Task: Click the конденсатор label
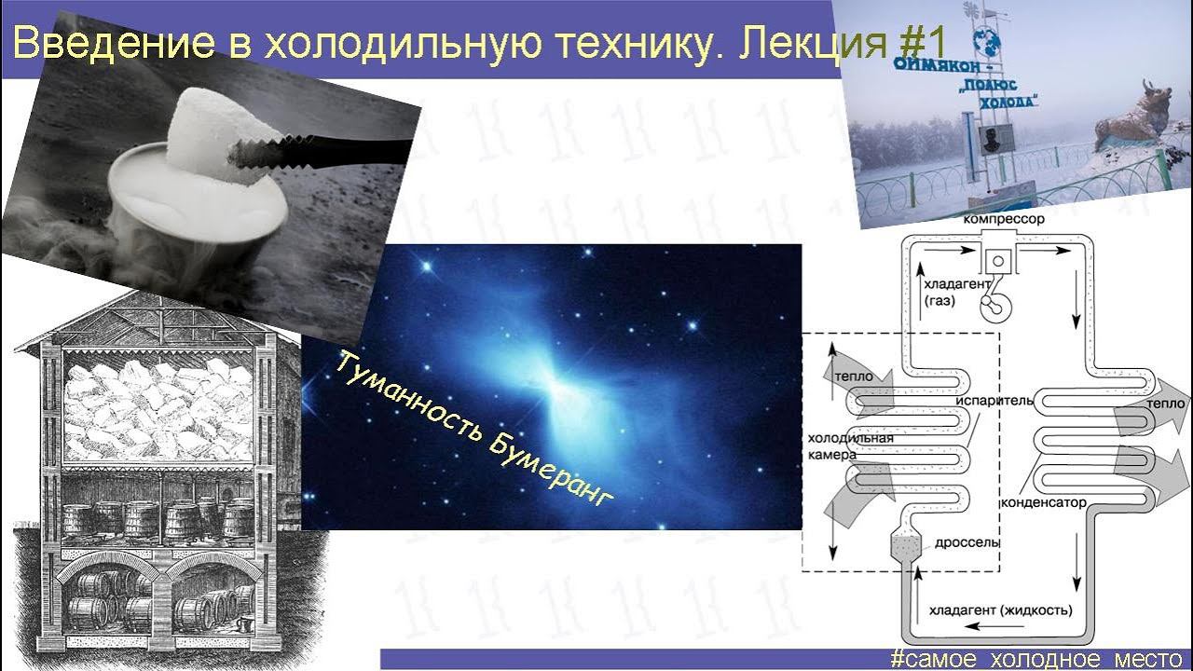point(1044,502)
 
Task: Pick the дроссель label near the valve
point(967,541)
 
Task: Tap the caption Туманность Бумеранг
point(475,430)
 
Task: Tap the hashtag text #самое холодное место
point(1035,659)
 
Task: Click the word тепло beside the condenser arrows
point(1166,404)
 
